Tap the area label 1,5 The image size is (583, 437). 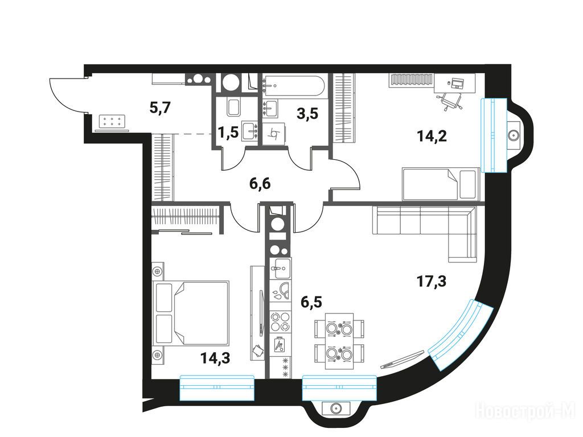pyautogui.click(x=228, y=132)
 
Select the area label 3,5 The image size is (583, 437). pyautogui.click(x=307, y=114)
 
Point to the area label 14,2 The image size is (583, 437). pyautogui.click(x=432, y=137)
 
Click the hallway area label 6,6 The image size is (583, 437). pyautogui.click(x=260, y=183)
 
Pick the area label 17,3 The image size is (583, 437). pyautogui.click(x=432, y=281)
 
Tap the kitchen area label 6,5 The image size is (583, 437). pyautogui.click(x=311, y=302)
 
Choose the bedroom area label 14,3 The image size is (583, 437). pyautogui.click(x=215, y=358)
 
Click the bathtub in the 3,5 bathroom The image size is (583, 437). pyautogui.click(x=294, y=86)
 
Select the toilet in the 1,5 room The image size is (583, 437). pyautogui.click(x=234, y=107)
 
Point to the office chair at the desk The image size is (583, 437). pyautogui.click(x=450, y=100)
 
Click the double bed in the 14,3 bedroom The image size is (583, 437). pyautogui.click(x=191, y=312)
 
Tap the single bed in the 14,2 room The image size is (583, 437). pyautogui.click(x=441, y=184)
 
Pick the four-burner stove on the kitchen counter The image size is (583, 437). pyautogui.click(x=280, y=321)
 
